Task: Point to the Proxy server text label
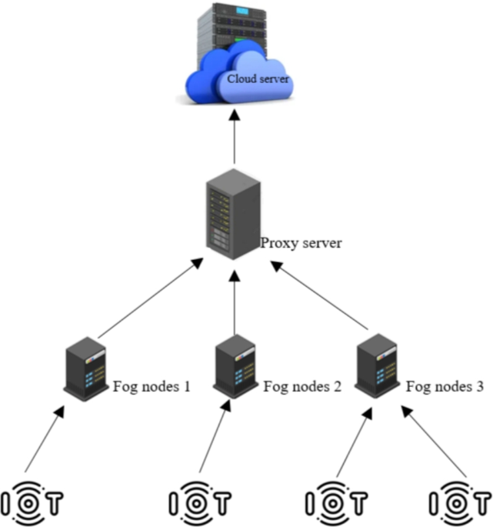point(301,244)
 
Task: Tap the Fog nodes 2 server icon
point(234,365)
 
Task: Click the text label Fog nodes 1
point(152,386)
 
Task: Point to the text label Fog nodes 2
point(302,386)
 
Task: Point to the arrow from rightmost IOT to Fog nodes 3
point(436,442)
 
